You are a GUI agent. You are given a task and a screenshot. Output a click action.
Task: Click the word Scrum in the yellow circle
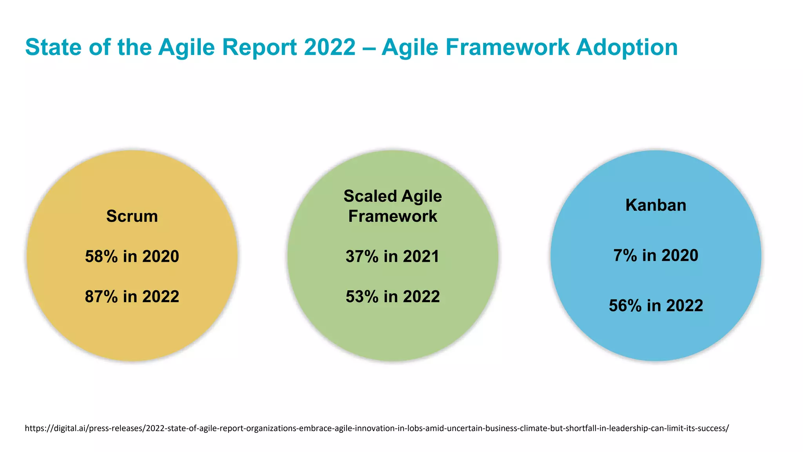tap(132, 216)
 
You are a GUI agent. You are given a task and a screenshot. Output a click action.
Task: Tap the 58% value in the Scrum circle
tap(101, 257)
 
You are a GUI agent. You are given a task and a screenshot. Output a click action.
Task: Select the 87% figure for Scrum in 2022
tap(101, 297)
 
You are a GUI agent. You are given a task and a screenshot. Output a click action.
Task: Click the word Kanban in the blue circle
tap(656, 205)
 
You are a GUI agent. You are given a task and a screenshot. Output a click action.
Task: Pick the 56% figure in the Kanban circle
tap(625, 306)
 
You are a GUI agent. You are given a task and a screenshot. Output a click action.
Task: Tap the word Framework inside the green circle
tap(392, 216)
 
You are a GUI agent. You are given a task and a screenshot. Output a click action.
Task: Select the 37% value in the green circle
tap(362, 257)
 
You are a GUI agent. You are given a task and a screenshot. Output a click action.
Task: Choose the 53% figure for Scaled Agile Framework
tap(362, 297)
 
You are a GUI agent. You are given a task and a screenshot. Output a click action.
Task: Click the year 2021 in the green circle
tap(421, 257)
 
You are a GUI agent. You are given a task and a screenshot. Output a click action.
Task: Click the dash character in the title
tap(369, 48)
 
